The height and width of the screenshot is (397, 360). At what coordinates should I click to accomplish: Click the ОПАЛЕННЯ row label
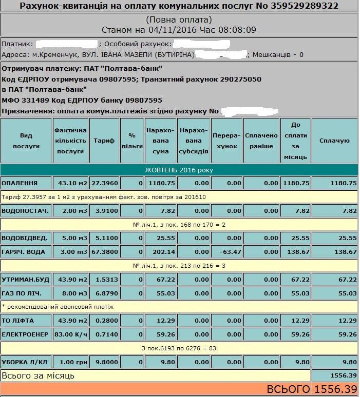pyautogui.click(x=20, y=183)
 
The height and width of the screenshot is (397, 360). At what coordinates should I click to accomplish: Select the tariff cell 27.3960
pyautogui.click(x=105, y=183)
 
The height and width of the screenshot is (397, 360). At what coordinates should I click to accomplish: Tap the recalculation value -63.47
pyautogui.click(x=226, y=252)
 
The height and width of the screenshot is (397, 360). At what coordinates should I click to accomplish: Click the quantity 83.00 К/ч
pyautogui.click(x=70, y=334)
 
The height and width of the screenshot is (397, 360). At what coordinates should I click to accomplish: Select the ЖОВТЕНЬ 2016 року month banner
pyautogui.click(x=179, y=170)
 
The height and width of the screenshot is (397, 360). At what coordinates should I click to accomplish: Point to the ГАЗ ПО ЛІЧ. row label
pyautogui.click(x=25, y=292)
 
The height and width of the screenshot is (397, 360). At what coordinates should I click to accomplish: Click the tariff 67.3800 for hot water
pyautogui.click(x=105, y=252)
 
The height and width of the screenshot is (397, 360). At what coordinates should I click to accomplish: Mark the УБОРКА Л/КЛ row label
pyautogui.click(x=25, y=361)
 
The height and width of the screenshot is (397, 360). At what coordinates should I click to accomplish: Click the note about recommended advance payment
pyautogui.click(x=58, y=306)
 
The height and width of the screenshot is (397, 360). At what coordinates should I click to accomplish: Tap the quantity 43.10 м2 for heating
pyautogui.click(x=70, y=183)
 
